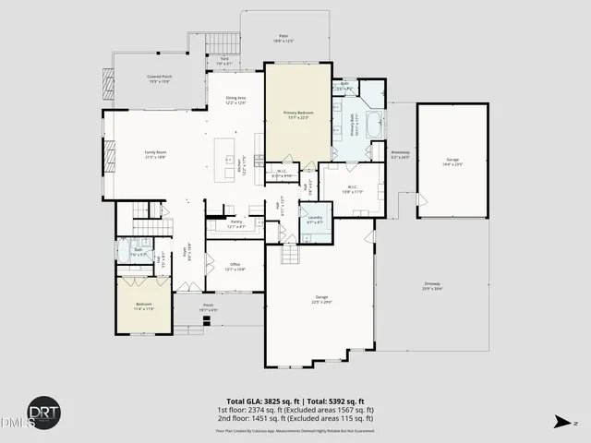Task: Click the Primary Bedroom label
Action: (x=297, y=114)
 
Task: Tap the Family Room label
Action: (x=154, y=154)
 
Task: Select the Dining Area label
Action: (x=235, y=100)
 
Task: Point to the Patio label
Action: (x=283, y=38)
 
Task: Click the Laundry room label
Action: (x=314, y=220)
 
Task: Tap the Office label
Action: (x=235, y=267)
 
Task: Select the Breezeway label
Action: (x=399, y=153)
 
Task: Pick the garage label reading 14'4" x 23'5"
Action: (x=452, y=162)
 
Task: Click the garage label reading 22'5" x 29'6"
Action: (x=320, y=299)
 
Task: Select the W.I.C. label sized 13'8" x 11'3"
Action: (x=352, y=191)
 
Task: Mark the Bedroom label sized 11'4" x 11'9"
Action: (x=144, y=305)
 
